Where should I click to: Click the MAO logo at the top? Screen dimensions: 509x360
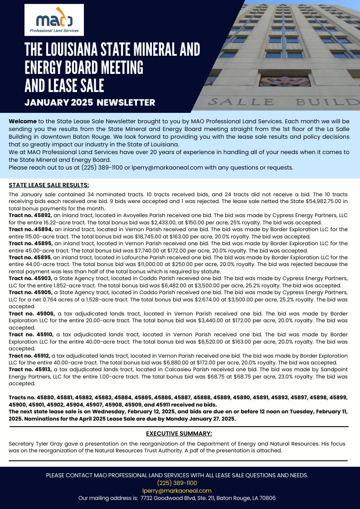pyautogui.click(x=54, y=20)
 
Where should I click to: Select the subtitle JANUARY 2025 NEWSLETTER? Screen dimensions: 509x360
pyautogui.click(x=90, y=102)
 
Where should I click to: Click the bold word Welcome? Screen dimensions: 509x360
pyautogui.click(x=23, y=121)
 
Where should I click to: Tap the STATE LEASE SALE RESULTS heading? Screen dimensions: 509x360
pyautogui.click(x=49, y=185)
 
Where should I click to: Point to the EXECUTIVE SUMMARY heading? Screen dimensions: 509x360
pyautogui.click(x=179, y=433)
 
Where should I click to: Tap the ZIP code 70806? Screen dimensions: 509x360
pyautogui.click(x=266, y=498)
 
